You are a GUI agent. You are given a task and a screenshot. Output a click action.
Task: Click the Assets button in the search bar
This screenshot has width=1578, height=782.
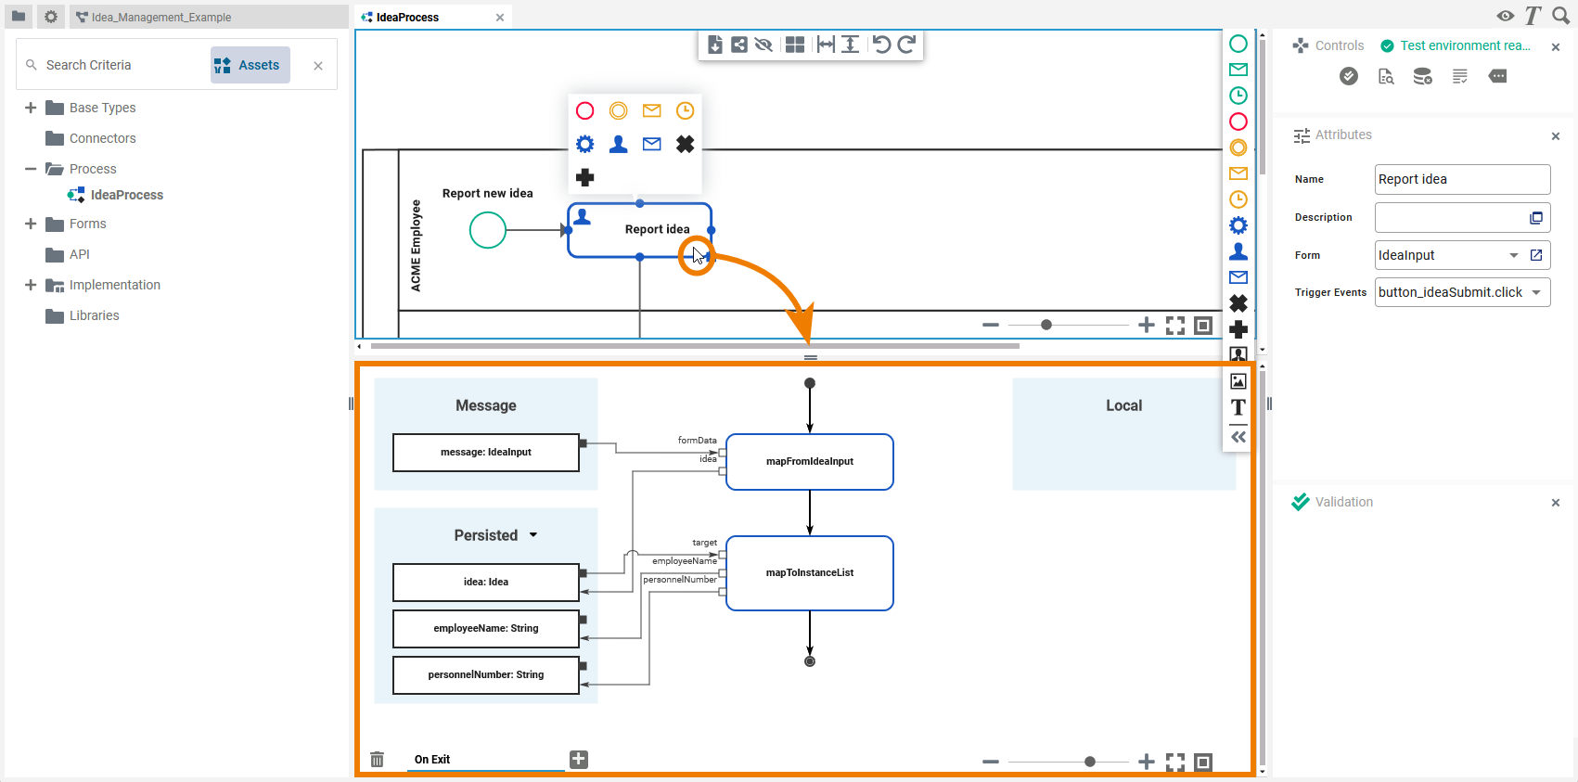tap(250, 65)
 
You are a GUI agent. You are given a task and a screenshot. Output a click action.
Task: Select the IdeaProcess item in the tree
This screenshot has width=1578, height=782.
tap(126, 195)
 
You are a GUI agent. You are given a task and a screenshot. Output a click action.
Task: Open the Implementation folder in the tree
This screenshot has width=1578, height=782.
tap(114, 285)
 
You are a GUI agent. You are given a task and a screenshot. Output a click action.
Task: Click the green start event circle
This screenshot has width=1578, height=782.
tap(487, 230)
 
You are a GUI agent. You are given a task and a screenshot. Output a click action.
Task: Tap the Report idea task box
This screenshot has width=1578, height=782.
tap(640, 230)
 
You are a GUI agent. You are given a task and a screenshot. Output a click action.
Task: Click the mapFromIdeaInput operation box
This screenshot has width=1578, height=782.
tap(809, 462)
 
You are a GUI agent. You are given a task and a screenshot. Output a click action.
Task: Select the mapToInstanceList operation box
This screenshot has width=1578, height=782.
tap(809, 573)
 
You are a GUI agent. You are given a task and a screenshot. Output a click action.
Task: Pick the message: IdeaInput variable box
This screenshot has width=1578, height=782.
tap(485, 453)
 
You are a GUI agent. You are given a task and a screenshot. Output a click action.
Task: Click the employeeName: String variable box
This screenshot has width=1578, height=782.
tap(485, 629)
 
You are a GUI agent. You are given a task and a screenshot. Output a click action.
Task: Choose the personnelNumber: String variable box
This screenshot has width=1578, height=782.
tap(485, 675)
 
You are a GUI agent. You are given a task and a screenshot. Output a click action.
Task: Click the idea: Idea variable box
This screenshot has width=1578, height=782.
tap(485, 583)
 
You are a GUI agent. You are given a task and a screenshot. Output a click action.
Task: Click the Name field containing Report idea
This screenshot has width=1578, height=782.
tap(1461, 179)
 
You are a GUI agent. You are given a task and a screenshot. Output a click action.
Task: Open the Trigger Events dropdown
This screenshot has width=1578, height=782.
tap(1536, 292)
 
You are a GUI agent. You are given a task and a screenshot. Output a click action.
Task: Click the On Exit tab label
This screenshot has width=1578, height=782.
tap(432, 760)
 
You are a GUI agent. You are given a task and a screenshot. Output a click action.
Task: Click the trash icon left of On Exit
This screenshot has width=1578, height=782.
tap(377, 760)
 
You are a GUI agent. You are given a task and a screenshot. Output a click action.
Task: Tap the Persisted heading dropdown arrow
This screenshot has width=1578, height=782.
tap(533, 535)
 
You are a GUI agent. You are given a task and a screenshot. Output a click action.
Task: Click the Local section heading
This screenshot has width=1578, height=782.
tap(1123, 405)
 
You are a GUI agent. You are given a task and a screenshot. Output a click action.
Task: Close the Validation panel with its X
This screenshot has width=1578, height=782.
tap(1556, 503)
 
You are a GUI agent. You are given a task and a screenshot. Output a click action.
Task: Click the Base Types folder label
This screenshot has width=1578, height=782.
tap(102, 108)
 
